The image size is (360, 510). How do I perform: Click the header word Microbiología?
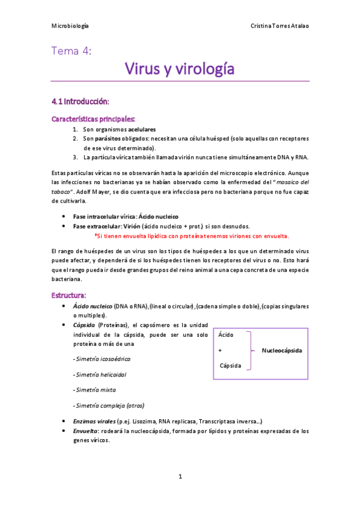(x=70, y=26)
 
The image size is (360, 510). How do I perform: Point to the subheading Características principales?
(x=93, y=118)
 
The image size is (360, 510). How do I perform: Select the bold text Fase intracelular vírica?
(x=104, y=216)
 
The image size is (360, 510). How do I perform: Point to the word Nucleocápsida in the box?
(x=282, y=350)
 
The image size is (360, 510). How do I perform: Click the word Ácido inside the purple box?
(x=227, y=334)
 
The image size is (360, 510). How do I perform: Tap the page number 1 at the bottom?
(x=180, y=476)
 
